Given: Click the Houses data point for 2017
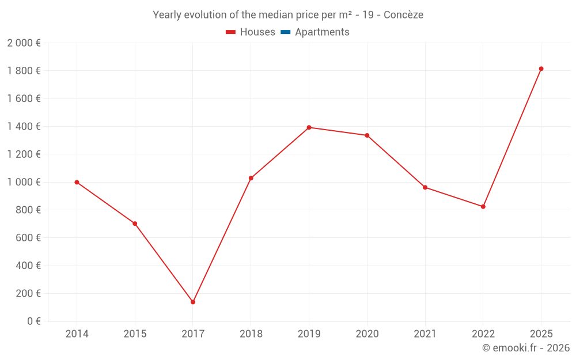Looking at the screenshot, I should coord(193,302).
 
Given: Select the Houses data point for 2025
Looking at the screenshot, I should coord(541,69).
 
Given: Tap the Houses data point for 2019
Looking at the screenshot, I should coord(309,127).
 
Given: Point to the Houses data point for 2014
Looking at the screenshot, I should coord(77,182).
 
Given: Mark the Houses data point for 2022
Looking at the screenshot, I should coord(483,206).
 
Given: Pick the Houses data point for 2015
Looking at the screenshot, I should coord(135,223).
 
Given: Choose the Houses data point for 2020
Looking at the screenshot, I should coord(367,135).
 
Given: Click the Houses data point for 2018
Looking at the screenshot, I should coord(251,178).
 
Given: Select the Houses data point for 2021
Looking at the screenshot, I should coord(425,187).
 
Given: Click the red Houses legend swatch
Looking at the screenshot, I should coord(230,32).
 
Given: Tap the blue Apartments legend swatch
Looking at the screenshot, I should coord(285,32).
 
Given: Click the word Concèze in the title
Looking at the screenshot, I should coord(403,15).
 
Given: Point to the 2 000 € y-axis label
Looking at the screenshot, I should coord(24,43).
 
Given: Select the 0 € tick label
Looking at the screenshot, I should coord(34,321).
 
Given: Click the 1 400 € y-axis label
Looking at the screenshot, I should coord(24,126).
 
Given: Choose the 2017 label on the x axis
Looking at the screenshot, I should coord(193,334).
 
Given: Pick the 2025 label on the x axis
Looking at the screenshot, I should coord(541,334).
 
